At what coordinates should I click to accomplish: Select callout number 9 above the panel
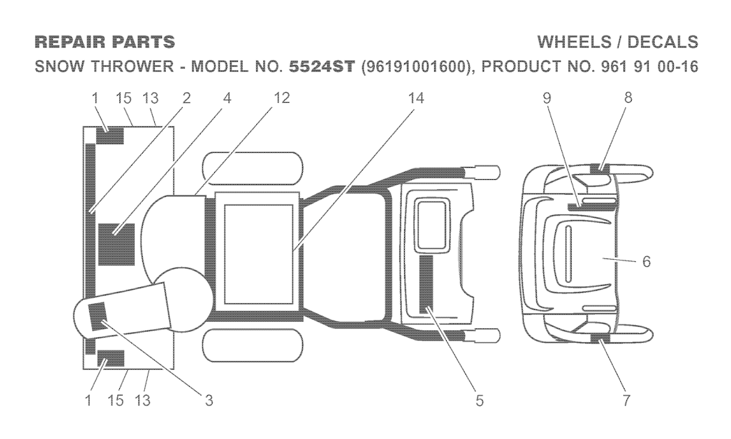tap(547, 99)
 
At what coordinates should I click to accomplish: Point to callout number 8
tap(628, 99)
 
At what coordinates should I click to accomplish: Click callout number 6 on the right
tap(646, 262)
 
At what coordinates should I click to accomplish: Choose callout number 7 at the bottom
tap(627, 400)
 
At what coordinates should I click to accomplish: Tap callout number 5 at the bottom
tap(480, 400)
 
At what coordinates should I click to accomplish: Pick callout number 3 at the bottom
tap(208, 400)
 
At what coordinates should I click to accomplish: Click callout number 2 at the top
tap(186, 99)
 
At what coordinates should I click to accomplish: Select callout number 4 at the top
tap(227, 99)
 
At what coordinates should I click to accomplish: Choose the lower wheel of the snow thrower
tap(252, 345)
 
